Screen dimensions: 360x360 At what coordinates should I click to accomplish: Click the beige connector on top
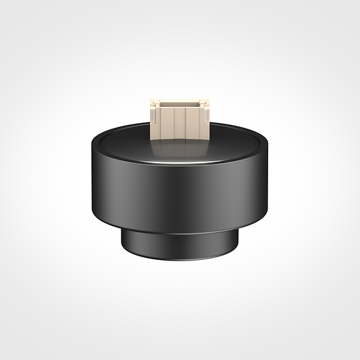coord(179,119)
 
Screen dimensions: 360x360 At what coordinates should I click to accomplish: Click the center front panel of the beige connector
coord(179,124)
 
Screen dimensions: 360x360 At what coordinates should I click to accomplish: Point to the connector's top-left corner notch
coord(152,102)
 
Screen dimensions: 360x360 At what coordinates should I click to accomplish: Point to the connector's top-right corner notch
coord(205,102)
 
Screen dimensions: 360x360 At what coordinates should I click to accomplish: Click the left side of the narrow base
coord(125,242)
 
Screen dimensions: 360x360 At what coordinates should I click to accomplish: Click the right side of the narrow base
coord(234,242)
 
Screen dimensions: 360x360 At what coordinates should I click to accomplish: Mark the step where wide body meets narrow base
coord(179,232)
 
